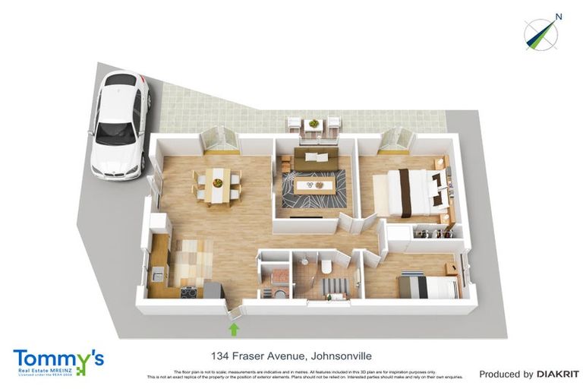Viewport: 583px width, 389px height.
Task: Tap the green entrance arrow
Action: point(234,328)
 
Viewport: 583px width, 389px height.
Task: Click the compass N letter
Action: point(558,16)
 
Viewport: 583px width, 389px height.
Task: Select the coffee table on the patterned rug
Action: point(314,185)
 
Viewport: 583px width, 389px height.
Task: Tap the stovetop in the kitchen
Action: point(189,290)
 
